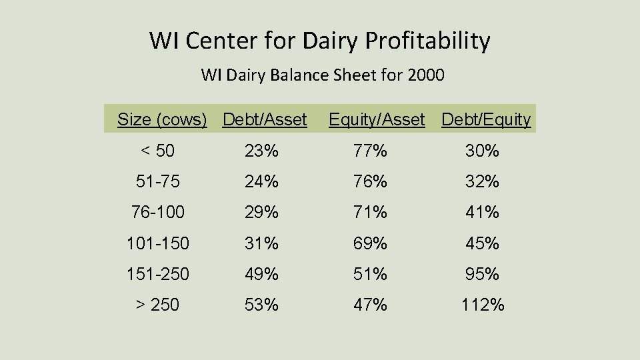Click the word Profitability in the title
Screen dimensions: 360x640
click(x=427, y=41)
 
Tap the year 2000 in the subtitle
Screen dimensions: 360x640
click(x=425, y=75)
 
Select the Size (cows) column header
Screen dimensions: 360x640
click(x=162, y=120)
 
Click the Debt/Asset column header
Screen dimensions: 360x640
click(x=265, y=120)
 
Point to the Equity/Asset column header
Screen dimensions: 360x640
click(x=377, y=120)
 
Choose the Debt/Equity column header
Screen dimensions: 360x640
click(x=486, y=120)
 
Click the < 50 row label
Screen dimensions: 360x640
click(x=158, y=151)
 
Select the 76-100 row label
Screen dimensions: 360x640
click(x=158, y=213)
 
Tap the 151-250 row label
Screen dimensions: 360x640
click(x=158, y=274)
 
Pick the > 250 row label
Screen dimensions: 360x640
click(x=158, y=305)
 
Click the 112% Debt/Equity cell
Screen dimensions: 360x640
click(x=483, y=305)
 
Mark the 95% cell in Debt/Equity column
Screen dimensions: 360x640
click(x=483, y=274)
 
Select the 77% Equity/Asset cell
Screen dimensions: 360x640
click(x=371, y=151)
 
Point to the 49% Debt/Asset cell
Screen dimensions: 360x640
click(x=261, y=274)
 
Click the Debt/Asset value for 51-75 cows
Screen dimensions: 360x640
click(x=261, y=182)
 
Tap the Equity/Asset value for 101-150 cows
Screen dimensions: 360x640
click(x=371, y=243)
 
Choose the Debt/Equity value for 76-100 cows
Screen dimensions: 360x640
click(x=483, y=213)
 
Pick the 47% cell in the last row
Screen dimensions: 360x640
click(x=371, y=305)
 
